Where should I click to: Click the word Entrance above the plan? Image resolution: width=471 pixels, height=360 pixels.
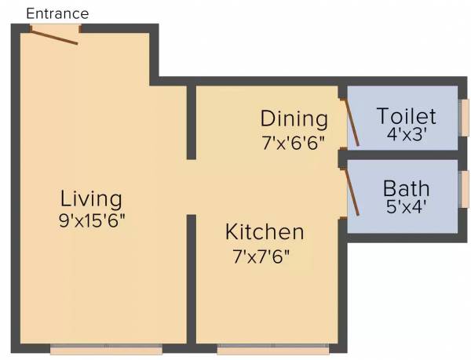(57, 13)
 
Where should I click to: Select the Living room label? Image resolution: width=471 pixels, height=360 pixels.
(92, 198)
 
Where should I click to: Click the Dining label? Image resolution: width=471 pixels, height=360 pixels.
(294, 119)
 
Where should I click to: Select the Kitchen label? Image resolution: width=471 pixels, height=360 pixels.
(264, 232)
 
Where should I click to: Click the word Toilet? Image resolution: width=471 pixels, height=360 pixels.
(406, 116)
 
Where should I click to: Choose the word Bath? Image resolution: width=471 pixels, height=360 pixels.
(406, 189)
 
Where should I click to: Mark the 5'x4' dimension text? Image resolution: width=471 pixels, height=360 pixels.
(405, 208)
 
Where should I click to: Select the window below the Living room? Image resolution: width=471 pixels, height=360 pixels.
(106, 347)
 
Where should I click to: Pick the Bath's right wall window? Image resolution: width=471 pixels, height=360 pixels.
(464, 189)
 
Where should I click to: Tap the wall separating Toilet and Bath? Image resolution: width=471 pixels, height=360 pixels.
(403, 155)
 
